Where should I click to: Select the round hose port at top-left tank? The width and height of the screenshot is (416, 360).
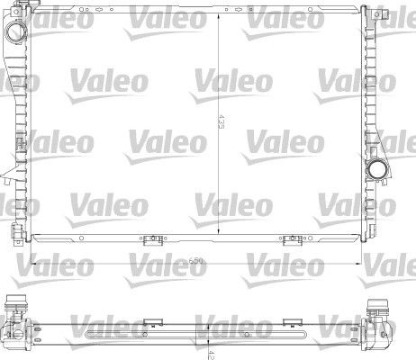coord(16,30)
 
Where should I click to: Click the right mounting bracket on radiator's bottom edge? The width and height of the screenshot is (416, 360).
coord(292,239)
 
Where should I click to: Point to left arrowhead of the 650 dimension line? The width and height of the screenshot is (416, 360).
coord(34,261)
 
